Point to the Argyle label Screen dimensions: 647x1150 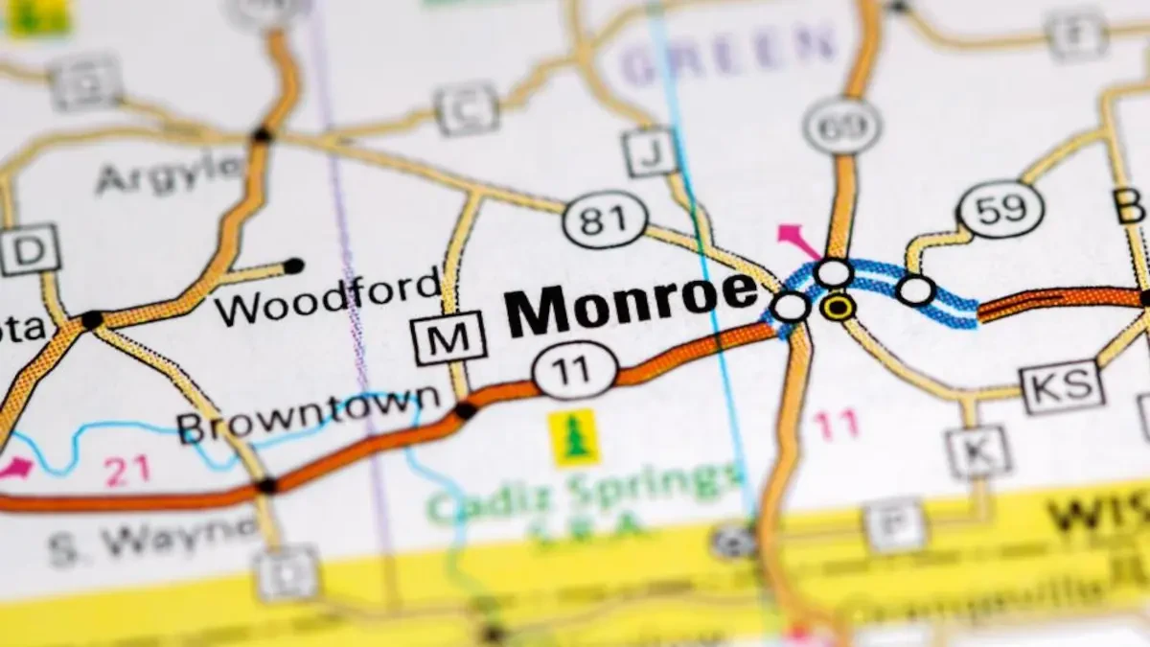click(x=170, y=173)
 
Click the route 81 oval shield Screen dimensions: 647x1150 click(x=604, y=220)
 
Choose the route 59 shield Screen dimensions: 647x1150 click(x=1000, y=208)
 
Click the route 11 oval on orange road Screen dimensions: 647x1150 click(x=575, y=369)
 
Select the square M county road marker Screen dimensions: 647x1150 click(x=448, y=337)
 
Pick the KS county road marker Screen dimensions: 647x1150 click(x=1063, y=386)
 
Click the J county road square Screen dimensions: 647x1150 click(x=650, y=151)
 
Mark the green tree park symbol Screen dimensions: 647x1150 click(x=575, y=437)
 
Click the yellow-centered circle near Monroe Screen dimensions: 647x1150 click(x=839, y=307)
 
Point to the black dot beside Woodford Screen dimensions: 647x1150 click(x=293, y=266)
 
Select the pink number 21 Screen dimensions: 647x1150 click(x=126, y=470)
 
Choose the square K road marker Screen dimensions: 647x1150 click(x=977, y=451)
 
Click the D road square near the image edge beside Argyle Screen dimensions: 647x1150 click(x=29, y=250)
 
